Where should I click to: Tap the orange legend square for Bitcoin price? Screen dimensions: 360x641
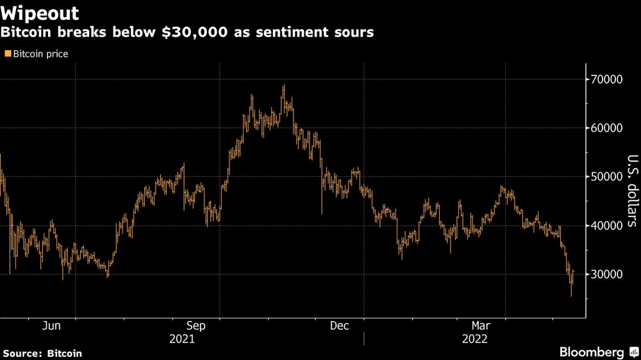pyautogui.click(x=7, y=54)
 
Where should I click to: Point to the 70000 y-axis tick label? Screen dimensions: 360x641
pyautogui.click(x=606, y=79)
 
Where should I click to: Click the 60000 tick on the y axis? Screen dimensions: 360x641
pyautogui.click(x=606, y=128)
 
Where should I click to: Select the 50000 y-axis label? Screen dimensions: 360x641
pyautogui.click(x=606, y=177)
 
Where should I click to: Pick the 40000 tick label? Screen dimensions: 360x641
pyautogui.click(x=606, y=225)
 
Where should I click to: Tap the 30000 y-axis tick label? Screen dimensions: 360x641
pyautogui.click(x=606, y=274)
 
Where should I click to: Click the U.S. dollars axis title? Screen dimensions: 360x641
pyautogui.click(x=631, y=191)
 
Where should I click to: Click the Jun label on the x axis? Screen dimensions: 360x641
pyautogui.click(x=51, y=325)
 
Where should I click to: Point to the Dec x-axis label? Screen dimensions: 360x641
pyautogui.click(x=339, y=325)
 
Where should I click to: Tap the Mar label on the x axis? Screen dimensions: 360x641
pyautogui.click(x=482, y=325)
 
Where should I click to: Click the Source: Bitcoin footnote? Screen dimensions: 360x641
pyautogui.click(x=42, y=353)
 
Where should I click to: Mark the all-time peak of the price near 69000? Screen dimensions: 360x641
pyautogui.click(x=283, y=86)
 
